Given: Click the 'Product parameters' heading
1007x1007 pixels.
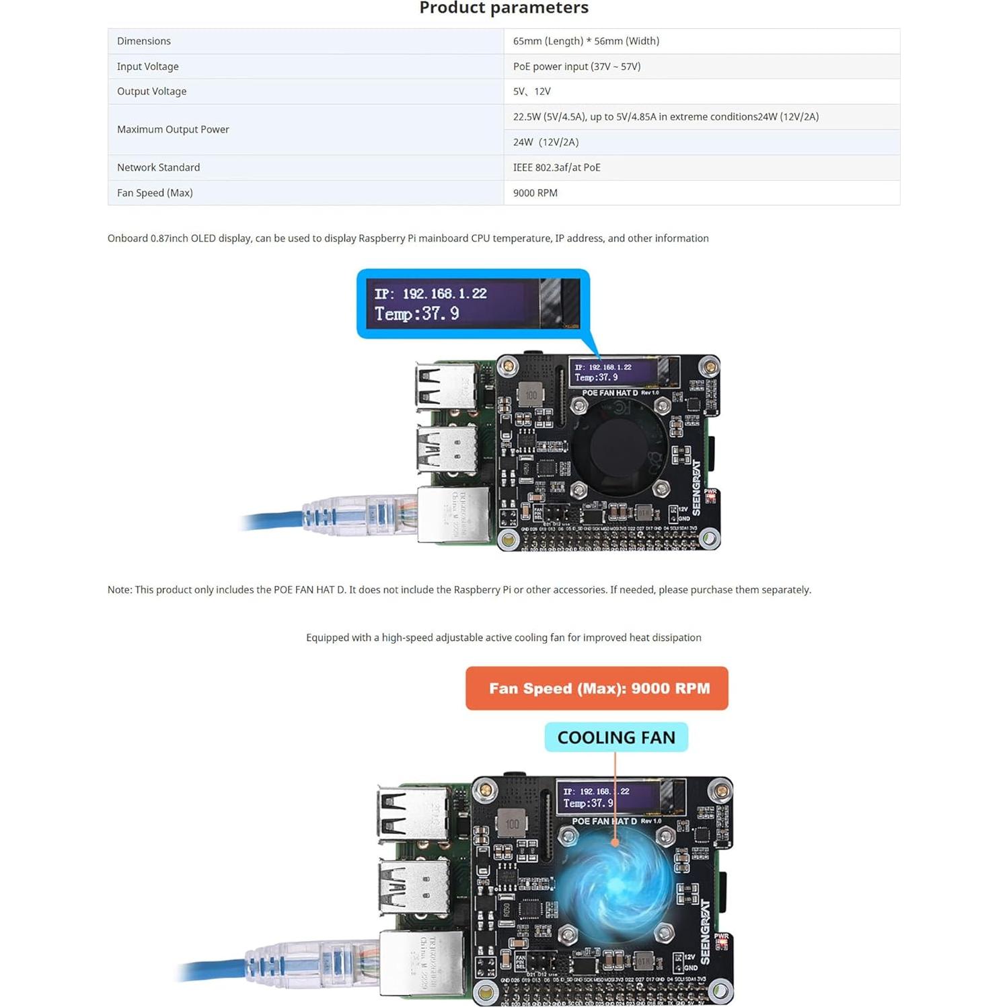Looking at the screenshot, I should pos(504,8).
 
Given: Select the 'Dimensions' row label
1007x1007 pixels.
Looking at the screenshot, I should pos(144,41).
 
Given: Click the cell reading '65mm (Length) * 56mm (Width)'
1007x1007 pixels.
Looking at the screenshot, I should pos(586,41).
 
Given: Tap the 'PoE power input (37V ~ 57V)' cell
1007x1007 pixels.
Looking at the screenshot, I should pos(576,67).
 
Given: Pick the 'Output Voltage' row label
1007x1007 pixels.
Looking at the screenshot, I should pos(151,91).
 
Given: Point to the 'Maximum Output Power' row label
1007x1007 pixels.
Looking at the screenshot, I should pos(173,129).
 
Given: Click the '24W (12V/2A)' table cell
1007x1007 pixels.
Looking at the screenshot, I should pos(546,142).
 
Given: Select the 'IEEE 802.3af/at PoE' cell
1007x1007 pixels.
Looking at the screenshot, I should pos(556,167).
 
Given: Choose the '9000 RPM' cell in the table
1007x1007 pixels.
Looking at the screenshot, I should pos(535,193).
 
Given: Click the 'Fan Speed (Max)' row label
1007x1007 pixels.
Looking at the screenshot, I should pos(155,193).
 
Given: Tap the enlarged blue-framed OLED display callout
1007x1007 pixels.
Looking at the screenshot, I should pos(473,303).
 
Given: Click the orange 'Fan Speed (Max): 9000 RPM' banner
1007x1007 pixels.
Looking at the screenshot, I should pos(597,688).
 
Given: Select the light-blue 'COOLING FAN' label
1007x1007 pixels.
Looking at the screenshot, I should pos(616,737).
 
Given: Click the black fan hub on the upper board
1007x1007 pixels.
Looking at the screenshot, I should pos(620,444).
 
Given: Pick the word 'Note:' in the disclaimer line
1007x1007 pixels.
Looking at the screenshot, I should pos(120,590).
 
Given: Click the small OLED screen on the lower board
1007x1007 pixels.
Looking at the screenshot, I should pos(609,797).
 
